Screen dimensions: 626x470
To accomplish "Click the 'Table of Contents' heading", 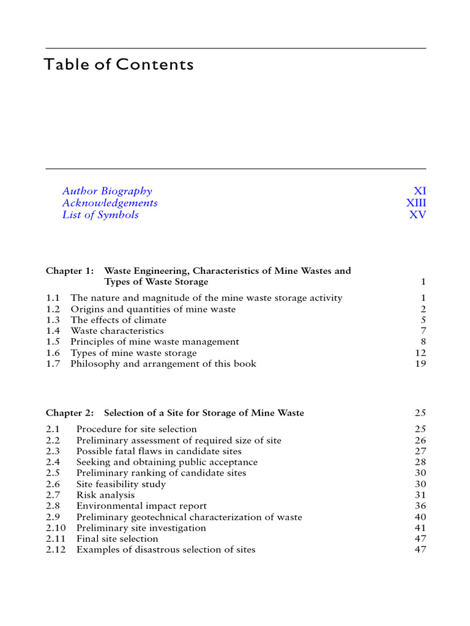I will pyautogui.click(x=119, y=65).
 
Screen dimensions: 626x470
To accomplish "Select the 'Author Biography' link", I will pyautogui.click(x=107, y=191).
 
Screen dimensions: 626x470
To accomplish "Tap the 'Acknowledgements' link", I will pyautogui.click(x=110, y=203).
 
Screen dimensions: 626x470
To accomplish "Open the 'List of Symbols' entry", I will pyautogui.click(x=100, y=215).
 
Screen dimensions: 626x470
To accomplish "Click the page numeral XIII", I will pyautogui.click(x=416, y=203).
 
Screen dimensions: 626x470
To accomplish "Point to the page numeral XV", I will pyautogui.click(x=418, y=215).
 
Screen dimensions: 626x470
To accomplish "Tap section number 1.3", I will pyautogui.click(x=53, y=320).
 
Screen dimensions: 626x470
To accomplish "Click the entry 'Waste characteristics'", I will pyautogui.click(x=117, y=331).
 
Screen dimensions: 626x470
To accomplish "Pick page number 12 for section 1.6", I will pyautogui.click(x=420, y=353).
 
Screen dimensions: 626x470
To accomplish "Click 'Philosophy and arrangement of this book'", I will pyautogui.click(x=163, y=364).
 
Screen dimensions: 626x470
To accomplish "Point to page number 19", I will pyautogui.click(x=420, y=364).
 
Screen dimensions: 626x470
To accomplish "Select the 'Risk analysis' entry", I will pyautogui.click(x=105, y=495).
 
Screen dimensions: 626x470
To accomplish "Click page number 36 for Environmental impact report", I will pyautogui.click(x=420, y=506).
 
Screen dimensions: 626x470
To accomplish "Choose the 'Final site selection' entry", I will pyautogui.click(x=117, y=539).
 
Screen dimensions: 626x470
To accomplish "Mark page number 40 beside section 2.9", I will pyautogui.click(x=420, y=517).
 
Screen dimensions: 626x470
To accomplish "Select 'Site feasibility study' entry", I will pyautogui.click(x=121, y=484).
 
